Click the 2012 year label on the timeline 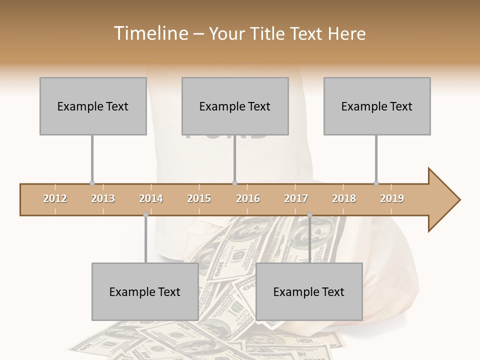(x=55, y=198)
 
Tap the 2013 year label (x=103, y=198)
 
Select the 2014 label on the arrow (x=151, y=198)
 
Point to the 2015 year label (x=199, y=198)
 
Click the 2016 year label (x=248, y=198)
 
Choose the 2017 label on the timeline (x=296, y=198)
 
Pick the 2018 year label (x=344, y=198)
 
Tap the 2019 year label (x=392, y=198)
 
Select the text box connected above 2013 (x=93, y=106)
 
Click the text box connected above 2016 (x=235, y=106)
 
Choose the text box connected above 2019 (x=377, y=106)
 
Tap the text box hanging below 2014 (x=145, y=291)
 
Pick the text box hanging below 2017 (x=309, y=291)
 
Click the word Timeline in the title (x=149, y=33)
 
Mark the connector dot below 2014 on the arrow (x=145, y=215)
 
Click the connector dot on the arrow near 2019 (x=376, y=183)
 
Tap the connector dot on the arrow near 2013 (x=92, y=183)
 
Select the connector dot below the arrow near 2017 (x=309, y=215)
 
